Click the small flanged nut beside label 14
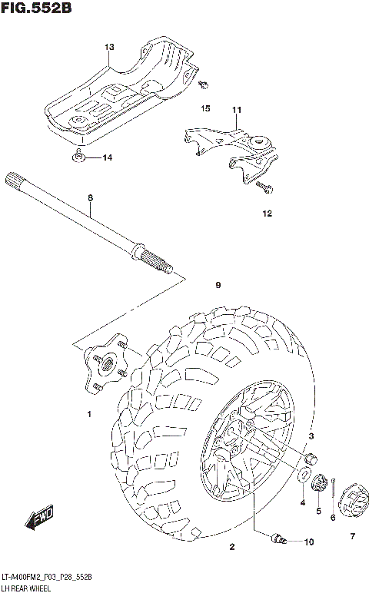(79, 157)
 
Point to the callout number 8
(90, 197)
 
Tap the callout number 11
(236, 110)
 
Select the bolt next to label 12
(264, 187)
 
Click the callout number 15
(205, 110)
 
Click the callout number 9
(218, 285)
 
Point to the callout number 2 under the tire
(231, 547)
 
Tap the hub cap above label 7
(352, 499)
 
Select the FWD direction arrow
(38, 518)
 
